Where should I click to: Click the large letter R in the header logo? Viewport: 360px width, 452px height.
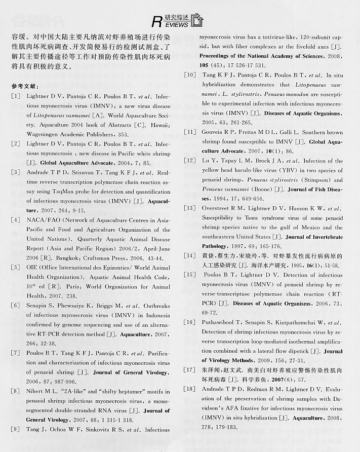[158, 22]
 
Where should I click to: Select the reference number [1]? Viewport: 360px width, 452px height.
[16, 96]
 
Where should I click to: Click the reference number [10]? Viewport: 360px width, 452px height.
[190, 75]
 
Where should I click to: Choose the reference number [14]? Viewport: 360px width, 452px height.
[190, 255]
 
